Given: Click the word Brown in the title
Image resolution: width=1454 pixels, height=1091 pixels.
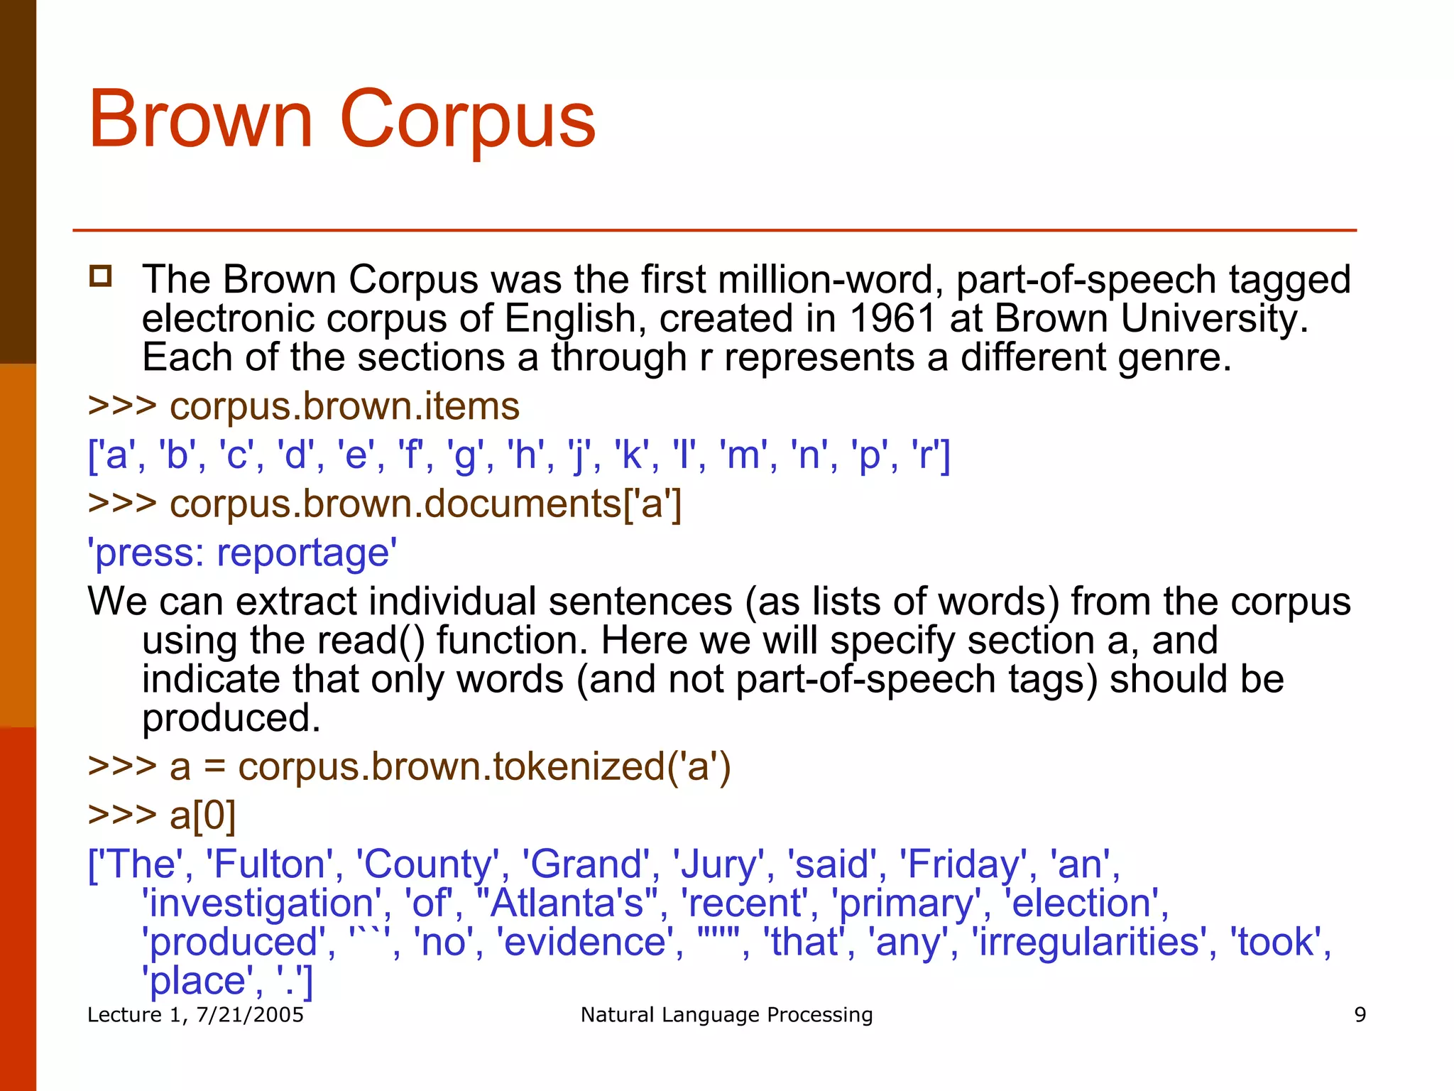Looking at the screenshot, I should (200, 119).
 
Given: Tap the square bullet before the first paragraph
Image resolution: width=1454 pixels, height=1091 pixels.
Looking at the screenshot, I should (101, 276).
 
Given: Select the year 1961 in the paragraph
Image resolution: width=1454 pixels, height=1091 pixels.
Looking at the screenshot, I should (892, 318).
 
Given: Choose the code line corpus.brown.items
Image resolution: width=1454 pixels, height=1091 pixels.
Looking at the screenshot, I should (344, 406).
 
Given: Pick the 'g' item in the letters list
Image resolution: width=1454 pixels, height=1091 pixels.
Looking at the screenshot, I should (464, 455).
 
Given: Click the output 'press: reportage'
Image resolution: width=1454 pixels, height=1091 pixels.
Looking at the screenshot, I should (242, 553).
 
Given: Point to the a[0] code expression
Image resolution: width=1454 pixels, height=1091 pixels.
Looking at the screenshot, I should (202, 815).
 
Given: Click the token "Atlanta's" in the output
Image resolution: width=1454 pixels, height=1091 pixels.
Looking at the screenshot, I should (565, 903).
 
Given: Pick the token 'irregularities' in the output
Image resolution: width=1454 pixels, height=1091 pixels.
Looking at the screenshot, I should (1089, 943).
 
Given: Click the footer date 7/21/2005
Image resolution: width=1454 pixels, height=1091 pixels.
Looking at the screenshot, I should (249, 1014).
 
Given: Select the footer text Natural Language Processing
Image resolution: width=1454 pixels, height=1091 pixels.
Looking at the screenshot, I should (726, 1014).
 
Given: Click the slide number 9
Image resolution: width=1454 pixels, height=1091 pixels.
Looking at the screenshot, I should (1360, 1014).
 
